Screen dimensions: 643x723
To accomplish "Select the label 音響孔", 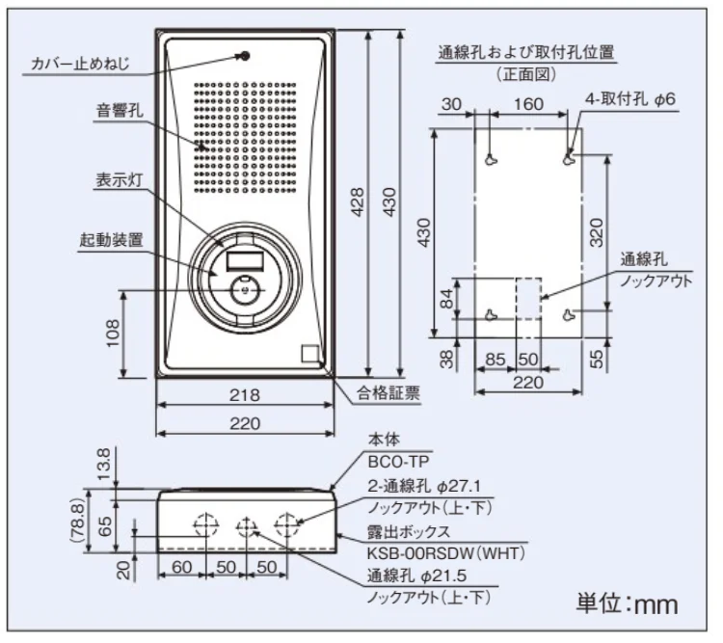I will point(119,111).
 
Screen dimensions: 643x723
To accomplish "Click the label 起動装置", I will point(111,239).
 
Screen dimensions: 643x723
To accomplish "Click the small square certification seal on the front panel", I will point(309,354).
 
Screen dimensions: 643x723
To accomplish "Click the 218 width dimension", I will point(245,394).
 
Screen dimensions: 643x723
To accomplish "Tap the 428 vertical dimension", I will point(358,202).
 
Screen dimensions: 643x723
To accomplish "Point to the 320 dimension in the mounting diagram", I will point(597,232).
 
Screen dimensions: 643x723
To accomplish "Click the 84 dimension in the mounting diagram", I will point(445,300).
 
